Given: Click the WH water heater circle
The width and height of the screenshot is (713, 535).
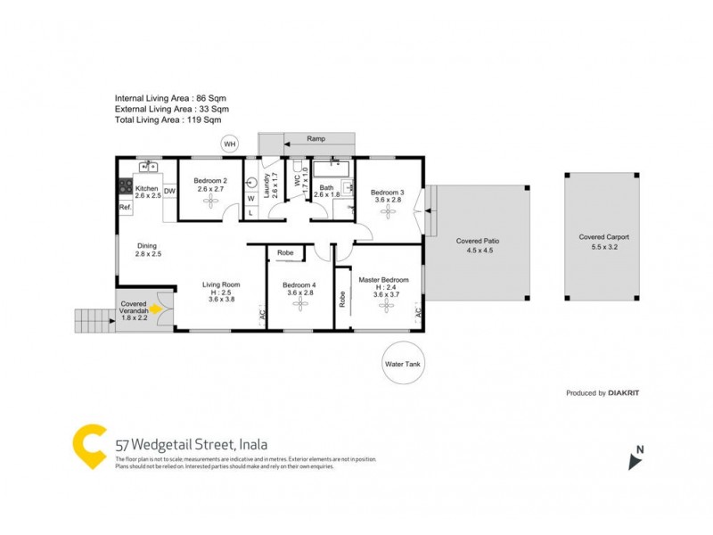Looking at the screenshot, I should pos(230,144).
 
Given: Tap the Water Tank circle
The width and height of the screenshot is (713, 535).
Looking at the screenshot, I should pos(400,364).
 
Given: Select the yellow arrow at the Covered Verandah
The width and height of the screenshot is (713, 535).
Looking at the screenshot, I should pos(157,309).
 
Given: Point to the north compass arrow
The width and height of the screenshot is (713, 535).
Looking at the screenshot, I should pos(635,460).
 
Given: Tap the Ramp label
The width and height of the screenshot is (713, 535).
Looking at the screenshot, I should pos(316,139).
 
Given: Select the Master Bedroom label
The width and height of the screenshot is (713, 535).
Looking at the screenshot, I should pos(383,280).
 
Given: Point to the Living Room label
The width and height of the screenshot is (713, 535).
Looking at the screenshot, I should pos(220,285).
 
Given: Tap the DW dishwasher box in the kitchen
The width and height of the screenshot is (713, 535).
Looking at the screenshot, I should pos(169,189).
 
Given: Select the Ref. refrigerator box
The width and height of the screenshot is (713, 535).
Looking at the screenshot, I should pos(125,208).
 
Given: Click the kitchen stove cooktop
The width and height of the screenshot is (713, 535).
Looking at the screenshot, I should pos(125,188).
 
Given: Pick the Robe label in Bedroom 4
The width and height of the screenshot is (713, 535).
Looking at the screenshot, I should pos(285,253).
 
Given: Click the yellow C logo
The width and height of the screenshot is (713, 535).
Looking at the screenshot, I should pos(89,447).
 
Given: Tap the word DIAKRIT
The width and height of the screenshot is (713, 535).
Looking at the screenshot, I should pos(624,392).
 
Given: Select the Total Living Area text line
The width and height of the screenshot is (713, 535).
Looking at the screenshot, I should pos(168,119).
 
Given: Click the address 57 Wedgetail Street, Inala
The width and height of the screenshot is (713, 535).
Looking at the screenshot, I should pos(192,443).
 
